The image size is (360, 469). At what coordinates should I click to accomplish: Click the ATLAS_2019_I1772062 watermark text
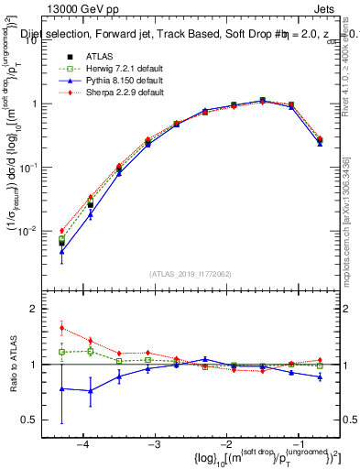point(191,274)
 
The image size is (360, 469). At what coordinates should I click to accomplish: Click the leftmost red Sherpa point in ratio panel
point(61,328)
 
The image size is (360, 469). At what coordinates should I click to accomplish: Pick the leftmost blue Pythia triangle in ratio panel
point(61,388)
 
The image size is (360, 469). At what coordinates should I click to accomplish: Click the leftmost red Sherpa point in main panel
point(61,231)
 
